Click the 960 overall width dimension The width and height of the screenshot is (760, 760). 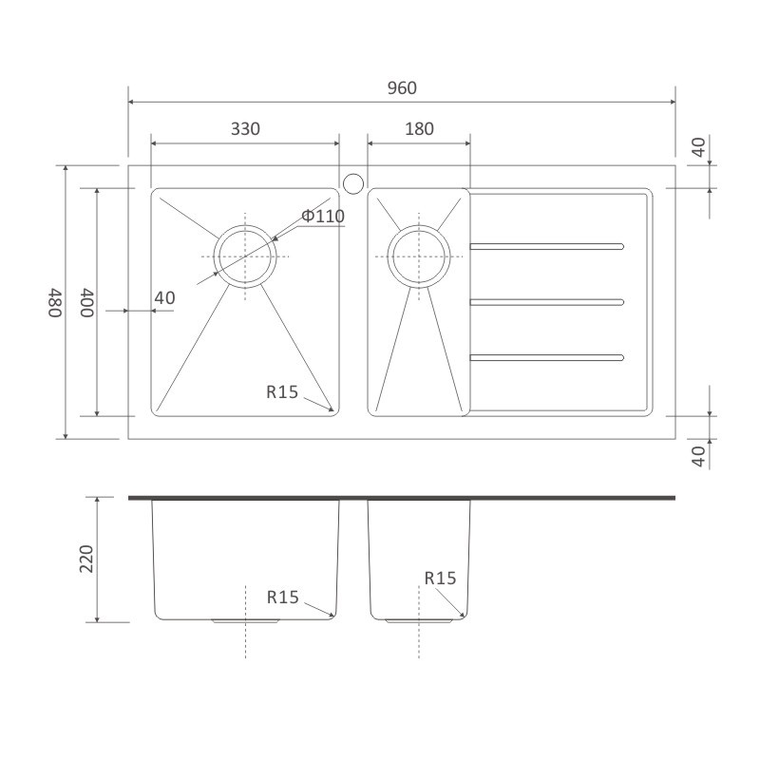402,88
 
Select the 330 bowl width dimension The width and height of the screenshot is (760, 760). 245,129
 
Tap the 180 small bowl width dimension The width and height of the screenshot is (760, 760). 419,129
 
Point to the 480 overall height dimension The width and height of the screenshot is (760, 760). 55,302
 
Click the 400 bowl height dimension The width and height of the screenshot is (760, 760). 87,302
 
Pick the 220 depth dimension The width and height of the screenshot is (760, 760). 86,559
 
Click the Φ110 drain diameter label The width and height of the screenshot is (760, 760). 323,217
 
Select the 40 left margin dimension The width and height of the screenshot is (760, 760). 164,298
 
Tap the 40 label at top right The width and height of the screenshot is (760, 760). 698,147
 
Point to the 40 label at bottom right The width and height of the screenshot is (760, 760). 698,457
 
